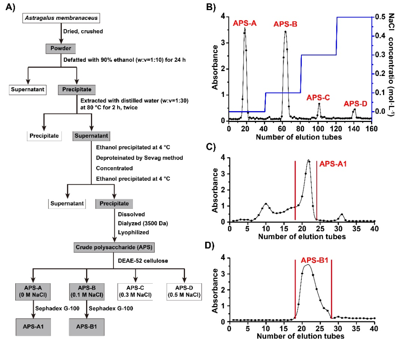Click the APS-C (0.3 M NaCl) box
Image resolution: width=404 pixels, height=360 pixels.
(x=136, y=291)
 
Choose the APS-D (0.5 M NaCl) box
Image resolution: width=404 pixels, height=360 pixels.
(x=184, y=291)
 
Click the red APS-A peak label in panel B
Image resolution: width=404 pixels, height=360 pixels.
(x=245, y=23)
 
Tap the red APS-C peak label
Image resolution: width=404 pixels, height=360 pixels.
(x=318, y=97)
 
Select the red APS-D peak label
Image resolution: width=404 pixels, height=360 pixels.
(x=356, y=103)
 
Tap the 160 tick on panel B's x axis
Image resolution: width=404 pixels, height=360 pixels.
(x=371, y=128)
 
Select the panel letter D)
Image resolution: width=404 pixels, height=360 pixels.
(x=213, y=246)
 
